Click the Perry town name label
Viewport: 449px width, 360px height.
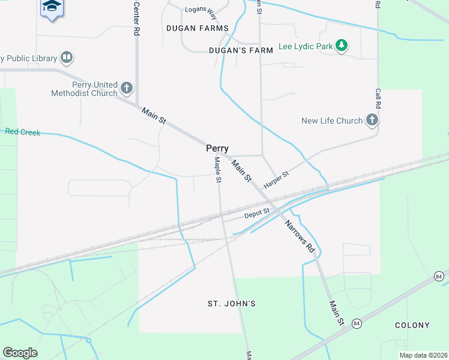(217, 148)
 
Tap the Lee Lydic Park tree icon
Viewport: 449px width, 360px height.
(342, 46)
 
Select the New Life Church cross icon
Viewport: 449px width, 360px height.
(372, 121)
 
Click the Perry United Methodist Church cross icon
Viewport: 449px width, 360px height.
(126, 89)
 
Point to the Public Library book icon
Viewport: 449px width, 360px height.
(66, 58)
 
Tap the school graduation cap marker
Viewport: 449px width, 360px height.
(52, 7)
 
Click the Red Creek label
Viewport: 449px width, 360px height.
(22, 132)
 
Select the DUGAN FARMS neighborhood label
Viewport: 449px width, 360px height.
(197, 28)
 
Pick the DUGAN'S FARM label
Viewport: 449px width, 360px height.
(241, 50)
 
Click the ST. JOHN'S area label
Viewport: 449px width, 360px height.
(232, 304)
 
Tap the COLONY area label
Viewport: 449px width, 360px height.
(412, 325)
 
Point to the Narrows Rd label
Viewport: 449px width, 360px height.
(300, 236)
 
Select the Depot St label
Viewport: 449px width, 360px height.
(257, 214)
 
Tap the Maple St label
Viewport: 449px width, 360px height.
(218, 169)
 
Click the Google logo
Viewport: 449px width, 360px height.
(20, 353)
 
